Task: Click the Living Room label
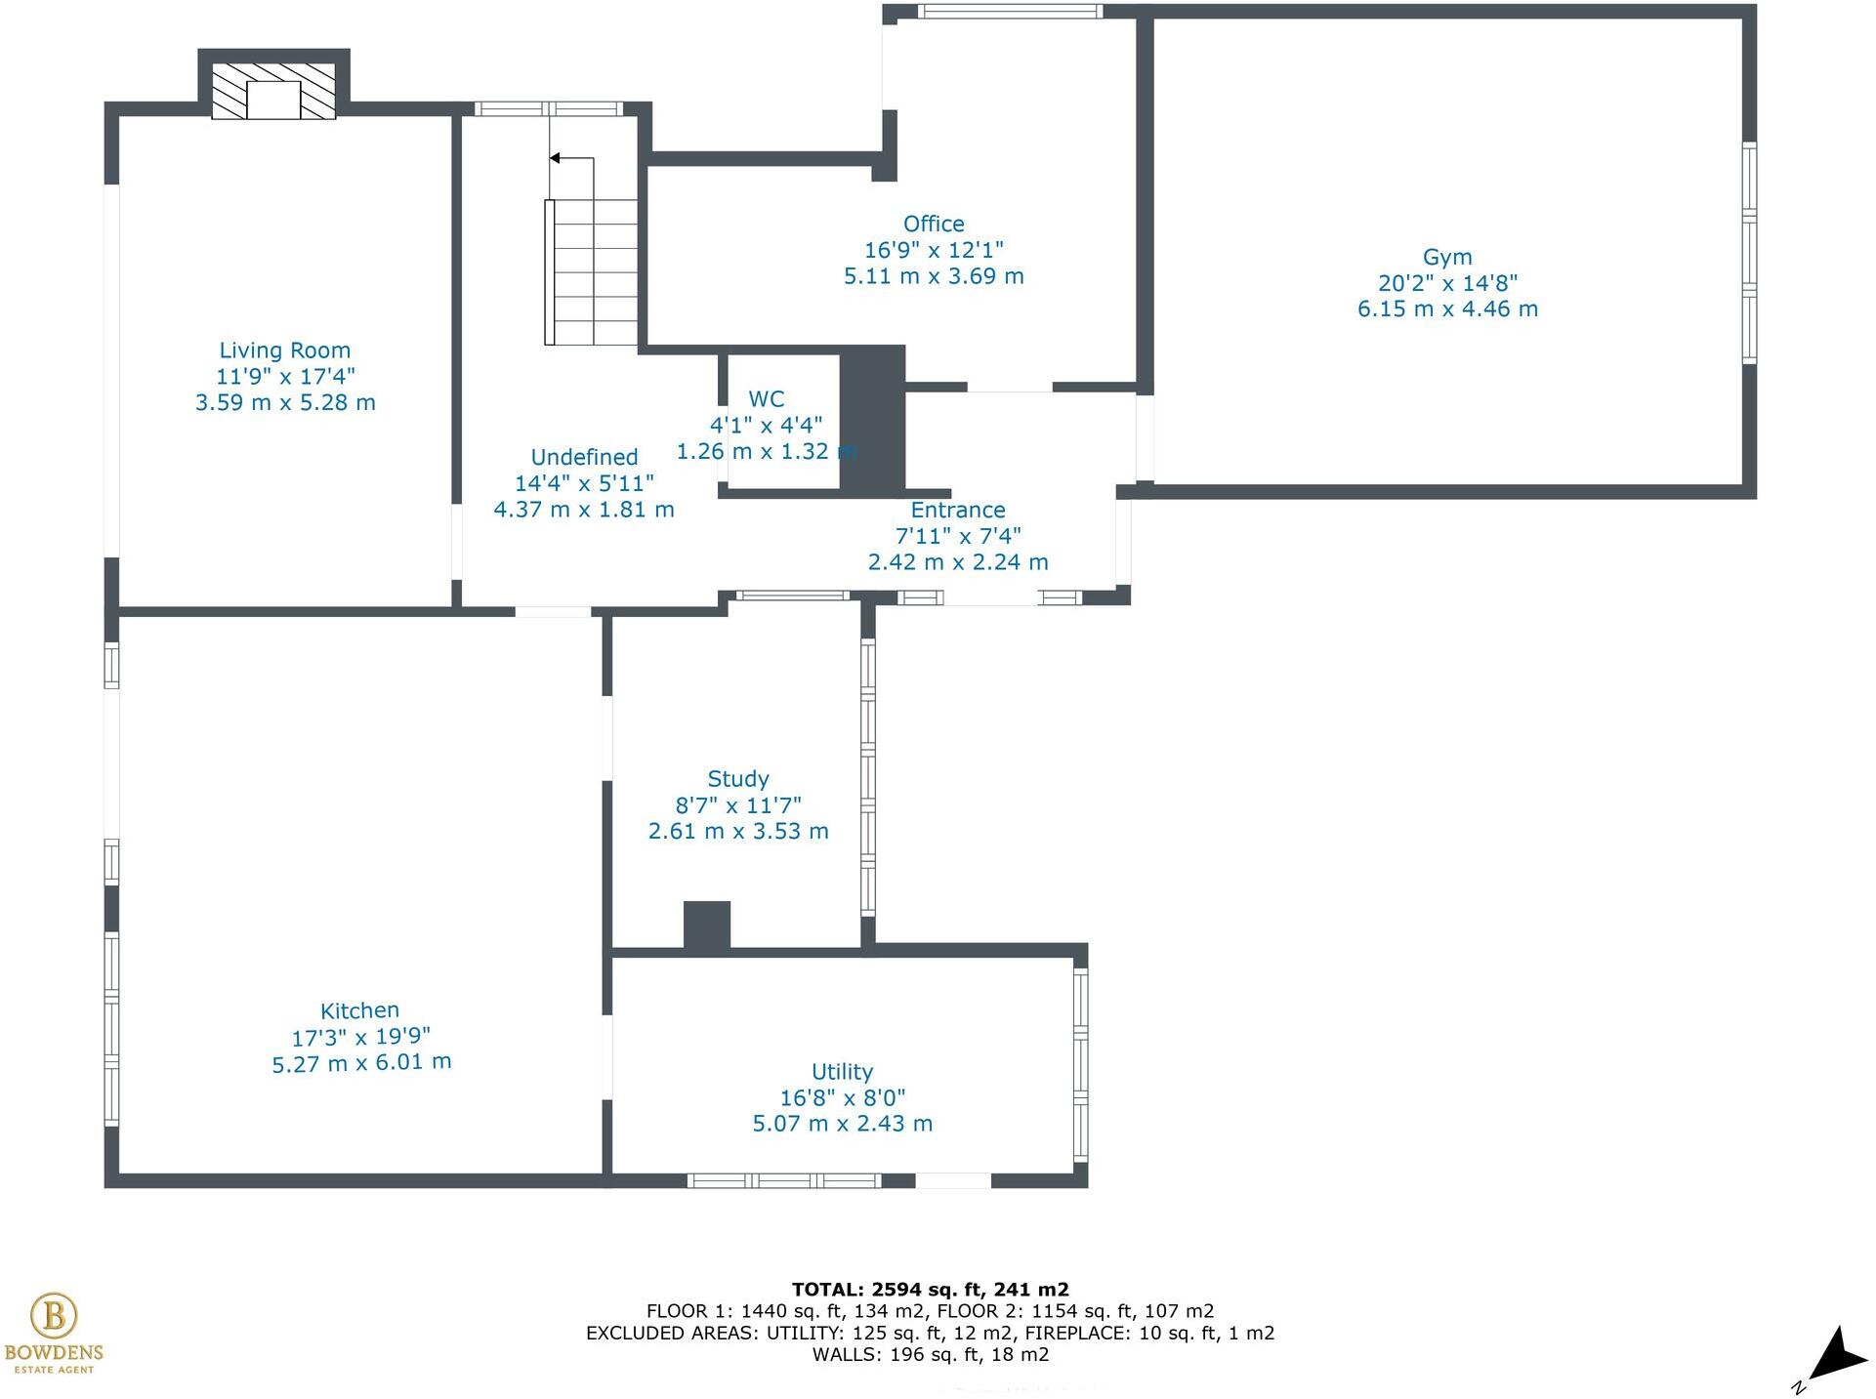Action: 284,350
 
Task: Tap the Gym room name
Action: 1446,257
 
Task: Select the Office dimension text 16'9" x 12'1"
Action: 934,250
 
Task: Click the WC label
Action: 766,399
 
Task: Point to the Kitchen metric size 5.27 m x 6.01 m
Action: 361,1062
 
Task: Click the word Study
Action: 737,779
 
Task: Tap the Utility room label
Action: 842,1072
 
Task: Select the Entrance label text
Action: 957,510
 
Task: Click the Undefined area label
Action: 584,457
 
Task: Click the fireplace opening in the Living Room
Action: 273,101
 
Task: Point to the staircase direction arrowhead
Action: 555,158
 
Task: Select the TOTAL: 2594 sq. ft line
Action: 930,1290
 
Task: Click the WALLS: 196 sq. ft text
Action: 930,1354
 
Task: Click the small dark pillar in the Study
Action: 706,924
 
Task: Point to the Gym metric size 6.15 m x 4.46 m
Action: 1446,309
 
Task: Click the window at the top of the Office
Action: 1009,12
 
